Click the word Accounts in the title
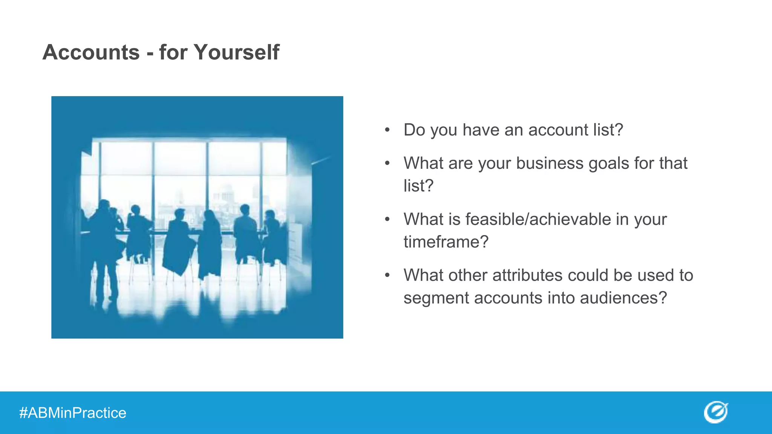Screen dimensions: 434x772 [91, 52]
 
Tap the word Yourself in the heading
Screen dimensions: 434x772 [236, 52]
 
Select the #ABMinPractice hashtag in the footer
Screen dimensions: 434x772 [73, 413]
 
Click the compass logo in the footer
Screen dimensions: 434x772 [715, 412]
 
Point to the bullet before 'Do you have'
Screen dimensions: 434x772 [387, 130]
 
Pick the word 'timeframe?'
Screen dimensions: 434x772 [446, 242]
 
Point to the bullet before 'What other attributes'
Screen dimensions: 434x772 [387, 275]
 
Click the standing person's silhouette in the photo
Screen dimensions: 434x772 [102, 245]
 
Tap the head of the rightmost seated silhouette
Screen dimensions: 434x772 [270, 215]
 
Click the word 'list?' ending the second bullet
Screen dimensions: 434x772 [418, 186]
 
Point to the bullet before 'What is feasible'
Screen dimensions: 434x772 [387, 219]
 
